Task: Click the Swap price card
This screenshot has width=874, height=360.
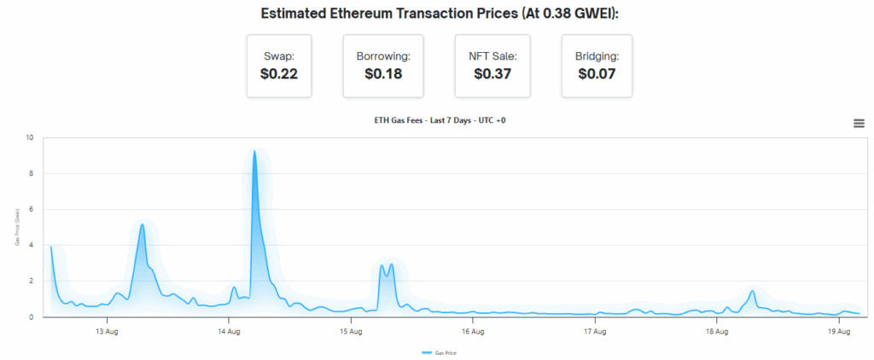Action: (279, 66)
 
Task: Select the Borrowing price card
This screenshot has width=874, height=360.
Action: (382, 66)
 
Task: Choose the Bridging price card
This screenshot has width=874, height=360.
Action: (597, 66)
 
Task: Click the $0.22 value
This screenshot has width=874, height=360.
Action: (279, 74)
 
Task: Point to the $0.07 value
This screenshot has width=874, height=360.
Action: (597, 74)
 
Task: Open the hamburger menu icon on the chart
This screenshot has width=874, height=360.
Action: (859, 124)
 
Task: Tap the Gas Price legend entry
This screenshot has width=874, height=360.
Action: (441, 352)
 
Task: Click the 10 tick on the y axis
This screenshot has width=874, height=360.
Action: (30, 137)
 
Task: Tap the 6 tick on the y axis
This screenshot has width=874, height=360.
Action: (32, 209)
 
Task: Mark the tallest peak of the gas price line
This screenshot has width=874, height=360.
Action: (254, 151)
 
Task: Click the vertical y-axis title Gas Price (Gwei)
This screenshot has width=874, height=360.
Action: (17, 228)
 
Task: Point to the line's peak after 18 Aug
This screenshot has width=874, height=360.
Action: (752, 291)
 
